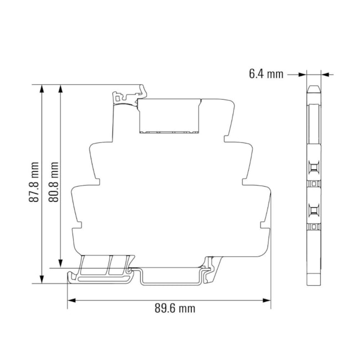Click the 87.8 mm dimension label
point(34,182)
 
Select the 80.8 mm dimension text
point(54,182)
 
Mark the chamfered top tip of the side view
point(313,89)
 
